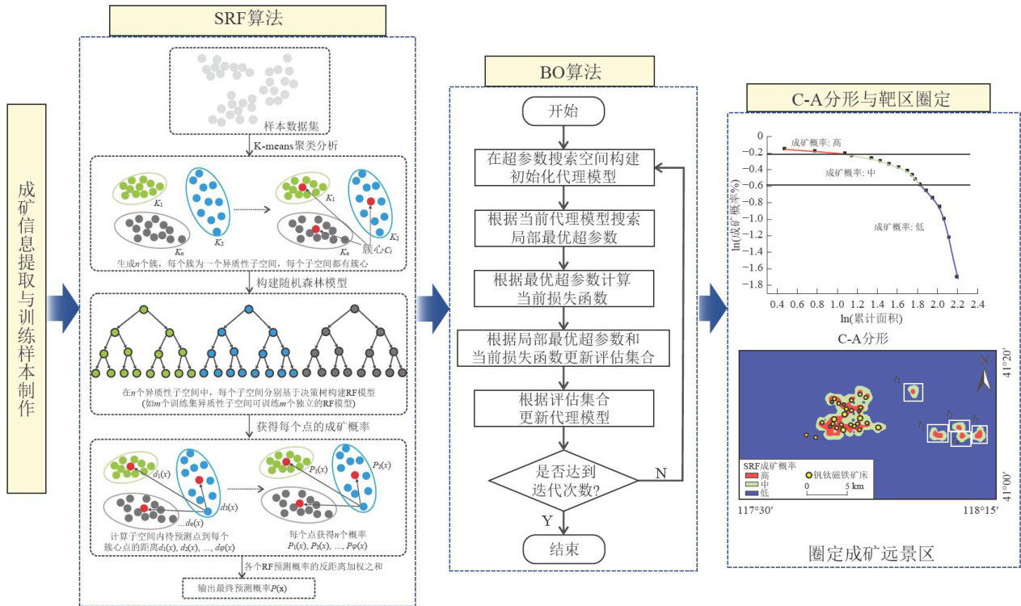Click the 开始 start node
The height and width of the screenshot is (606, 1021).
pyautogui.click(x=564, y=112)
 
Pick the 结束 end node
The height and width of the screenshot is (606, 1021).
pyautogui.click(x=564, y=550)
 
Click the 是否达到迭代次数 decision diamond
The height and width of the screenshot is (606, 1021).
pyautogui.click(x=564, y=480)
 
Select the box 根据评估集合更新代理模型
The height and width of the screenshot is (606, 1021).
pyautogui.click(x=564, y=409)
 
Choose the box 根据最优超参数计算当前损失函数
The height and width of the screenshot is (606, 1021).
pyautogui.click(x=564, y=288)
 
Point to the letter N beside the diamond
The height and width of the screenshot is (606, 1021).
pyautogui.click(x=660, y=473)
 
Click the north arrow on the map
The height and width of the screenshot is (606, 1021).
pyautogui.click(x=983, y=377)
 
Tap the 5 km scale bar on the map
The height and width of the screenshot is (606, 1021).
pyautogui.click(x=826, y=489)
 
